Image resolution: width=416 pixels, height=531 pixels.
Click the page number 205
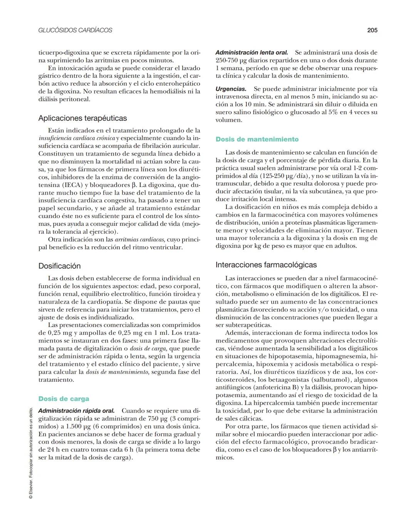coord(372,30)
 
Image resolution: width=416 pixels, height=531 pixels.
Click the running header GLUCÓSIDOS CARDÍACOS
coord(75,30)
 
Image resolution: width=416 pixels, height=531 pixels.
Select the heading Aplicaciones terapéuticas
coord(82,118)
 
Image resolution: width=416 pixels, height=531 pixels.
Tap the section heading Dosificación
coord(59,266)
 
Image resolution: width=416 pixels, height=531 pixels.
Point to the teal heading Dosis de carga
coord(64,399)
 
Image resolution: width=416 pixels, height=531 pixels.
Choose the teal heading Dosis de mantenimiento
coord(257,139)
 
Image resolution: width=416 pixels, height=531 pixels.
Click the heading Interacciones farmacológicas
coord(266,265)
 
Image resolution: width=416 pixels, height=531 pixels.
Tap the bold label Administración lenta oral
coord(252,52)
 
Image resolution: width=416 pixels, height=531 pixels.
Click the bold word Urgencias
coord(231,89)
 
